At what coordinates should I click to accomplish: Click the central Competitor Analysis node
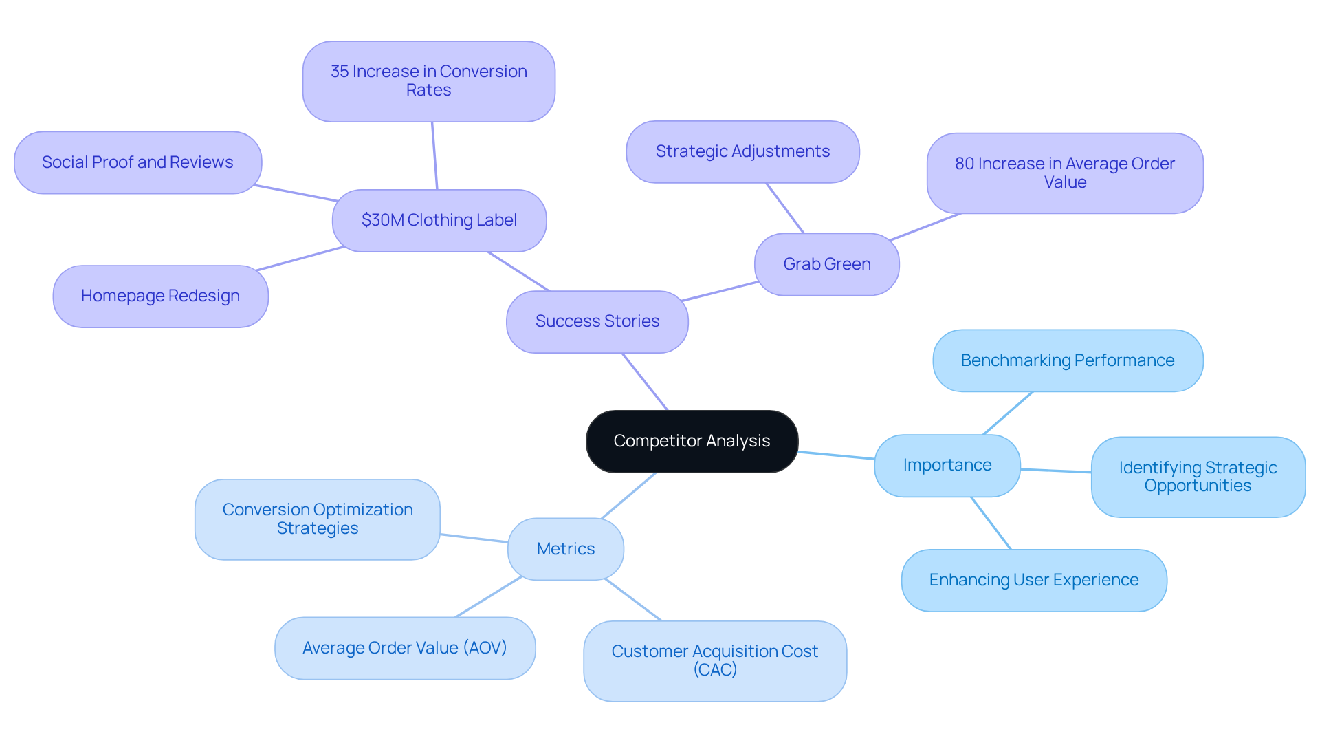[692, 441]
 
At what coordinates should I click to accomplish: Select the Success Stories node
[597, 321]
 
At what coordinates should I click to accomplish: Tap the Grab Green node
[826, 264]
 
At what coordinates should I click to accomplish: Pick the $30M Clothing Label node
[439, 220]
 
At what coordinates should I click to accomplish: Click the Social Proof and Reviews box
[137, 162]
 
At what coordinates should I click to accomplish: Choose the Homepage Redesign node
[160, 296]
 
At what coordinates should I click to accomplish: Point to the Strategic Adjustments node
[742, 151]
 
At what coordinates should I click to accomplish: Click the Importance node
[947, 465]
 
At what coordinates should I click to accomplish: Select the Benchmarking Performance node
[1067, 360]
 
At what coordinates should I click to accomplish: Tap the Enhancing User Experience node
[1033, 580]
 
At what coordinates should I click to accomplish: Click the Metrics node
[565, 549]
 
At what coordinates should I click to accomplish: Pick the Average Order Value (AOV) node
[404, 648]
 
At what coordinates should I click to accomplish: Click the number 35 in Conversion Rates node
[340, 72]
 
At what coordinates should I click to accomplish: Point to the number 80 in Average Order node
[964, 164]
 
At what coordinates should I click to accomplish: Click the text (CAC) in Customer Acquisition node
[715, 670]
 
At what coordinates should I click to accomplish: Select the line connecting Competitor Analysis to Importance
[836, 455]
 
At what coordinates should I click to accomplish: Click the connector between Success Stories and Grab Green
[720, 292]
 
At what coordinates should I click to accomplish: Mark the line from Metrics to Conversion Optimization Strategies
[474, 538]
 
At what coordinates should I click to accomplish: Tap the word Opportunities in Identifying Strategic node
[1198, 486]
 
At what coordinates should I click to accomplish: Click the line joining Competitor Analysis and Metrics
[628, 496]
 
